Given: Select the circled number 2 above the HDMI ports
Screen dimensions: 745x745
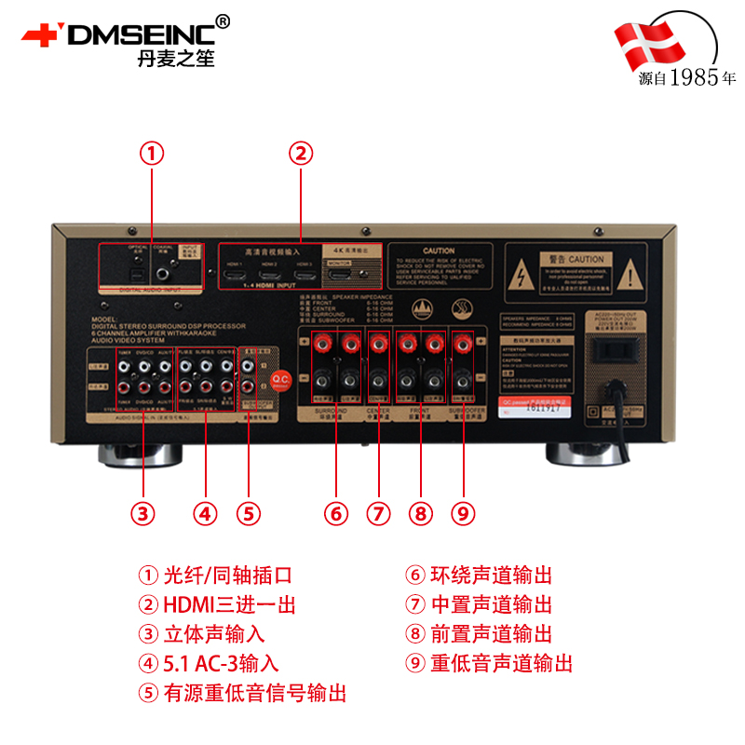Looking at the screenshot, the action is point(300,153).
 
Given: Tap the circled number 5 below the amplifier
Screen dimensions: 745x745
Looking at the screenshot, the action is point(248,512).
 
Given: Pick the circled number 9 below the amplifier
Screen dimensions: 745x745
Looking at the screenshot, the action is point(463,512).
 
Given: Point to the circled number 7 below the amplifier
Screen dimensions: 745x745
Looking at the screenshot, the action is point(378,512).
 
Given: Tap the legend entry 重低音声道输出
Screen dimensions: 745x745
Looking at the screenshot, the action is point(501,663).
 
